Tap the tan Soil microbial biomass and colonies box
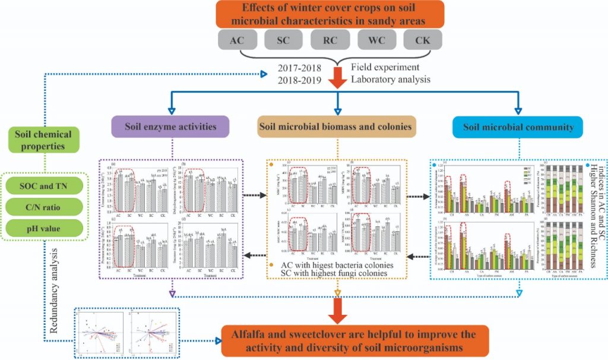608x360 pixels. [337, 127]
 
